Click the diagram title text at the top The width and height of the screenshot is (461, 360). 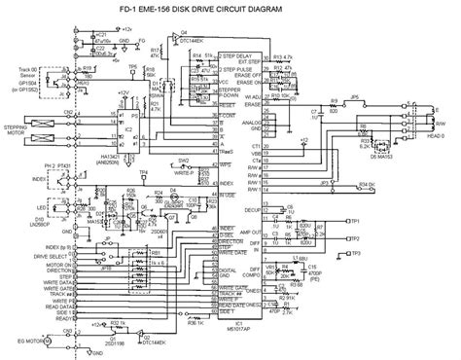[x=231, y=12]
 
